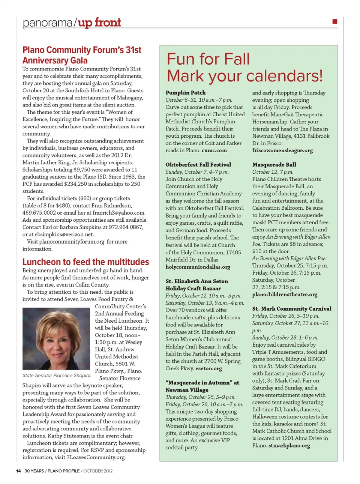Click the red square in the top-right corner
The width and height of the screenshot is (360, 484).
click(x=335, y=21)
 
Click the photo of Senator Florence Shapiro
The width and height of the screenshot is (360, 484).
click(x=56, y=339)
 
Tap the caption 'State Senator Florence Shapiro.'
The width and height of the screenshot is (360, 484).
click(x=57, y=375)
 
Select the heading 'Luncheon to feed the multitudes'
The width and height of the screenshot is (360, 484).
click(x=85, y=262)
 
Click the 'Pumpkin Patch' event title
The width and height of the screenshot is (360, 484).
click(x=186, y=93)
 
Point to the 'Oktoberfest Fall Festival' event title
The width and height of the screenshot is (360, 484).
click(x=198, y=165)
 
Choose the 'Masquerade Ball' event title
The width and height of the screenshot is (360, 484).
click(x=274, y=165)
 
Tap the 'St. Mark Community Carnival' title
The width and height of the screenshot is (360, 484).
click(x=292, y=309)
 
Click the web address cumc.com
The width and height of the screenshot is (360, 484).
click(x=214, y=150)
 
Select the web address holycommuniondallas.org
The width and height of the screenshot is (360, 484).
click(x=198, y=267)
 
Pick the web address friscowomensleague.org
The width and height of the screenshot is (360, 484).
click(x=282, y=150)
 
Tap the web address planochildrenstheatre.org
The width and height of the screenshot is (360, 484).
click(x=285, y=295)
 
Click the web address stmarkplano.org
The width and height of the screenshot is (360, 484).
click(x=289, y=446)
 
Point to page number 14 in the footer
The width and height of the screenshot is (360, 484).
click(x=18, y=471)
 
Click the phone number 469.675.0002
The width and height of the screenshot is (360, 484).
click(x=39, y=213)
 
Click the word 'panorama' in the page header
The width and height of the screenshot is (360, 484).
click(x=47, y=23)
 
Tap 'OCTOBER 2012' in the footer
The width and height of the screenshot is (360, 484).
click(x=98, y=471)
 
